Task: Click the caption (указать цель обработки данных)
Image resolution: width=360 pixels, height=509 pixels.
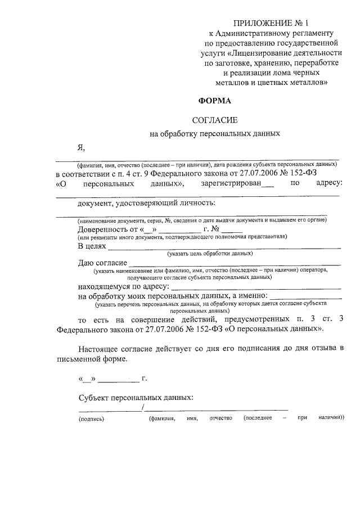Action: pos(209,254)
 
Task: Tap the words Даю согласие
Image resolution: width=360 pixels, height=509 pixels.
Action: pos(102,263)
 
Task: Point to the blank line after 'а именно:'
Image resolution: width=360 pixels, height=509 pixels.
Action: pos(307,297)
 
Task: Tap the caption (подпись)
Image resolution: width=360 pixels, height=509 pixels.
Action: pos(92,418)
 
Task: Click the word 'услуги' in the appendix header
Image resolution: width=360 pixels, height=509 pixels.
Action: pos(215,52)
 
